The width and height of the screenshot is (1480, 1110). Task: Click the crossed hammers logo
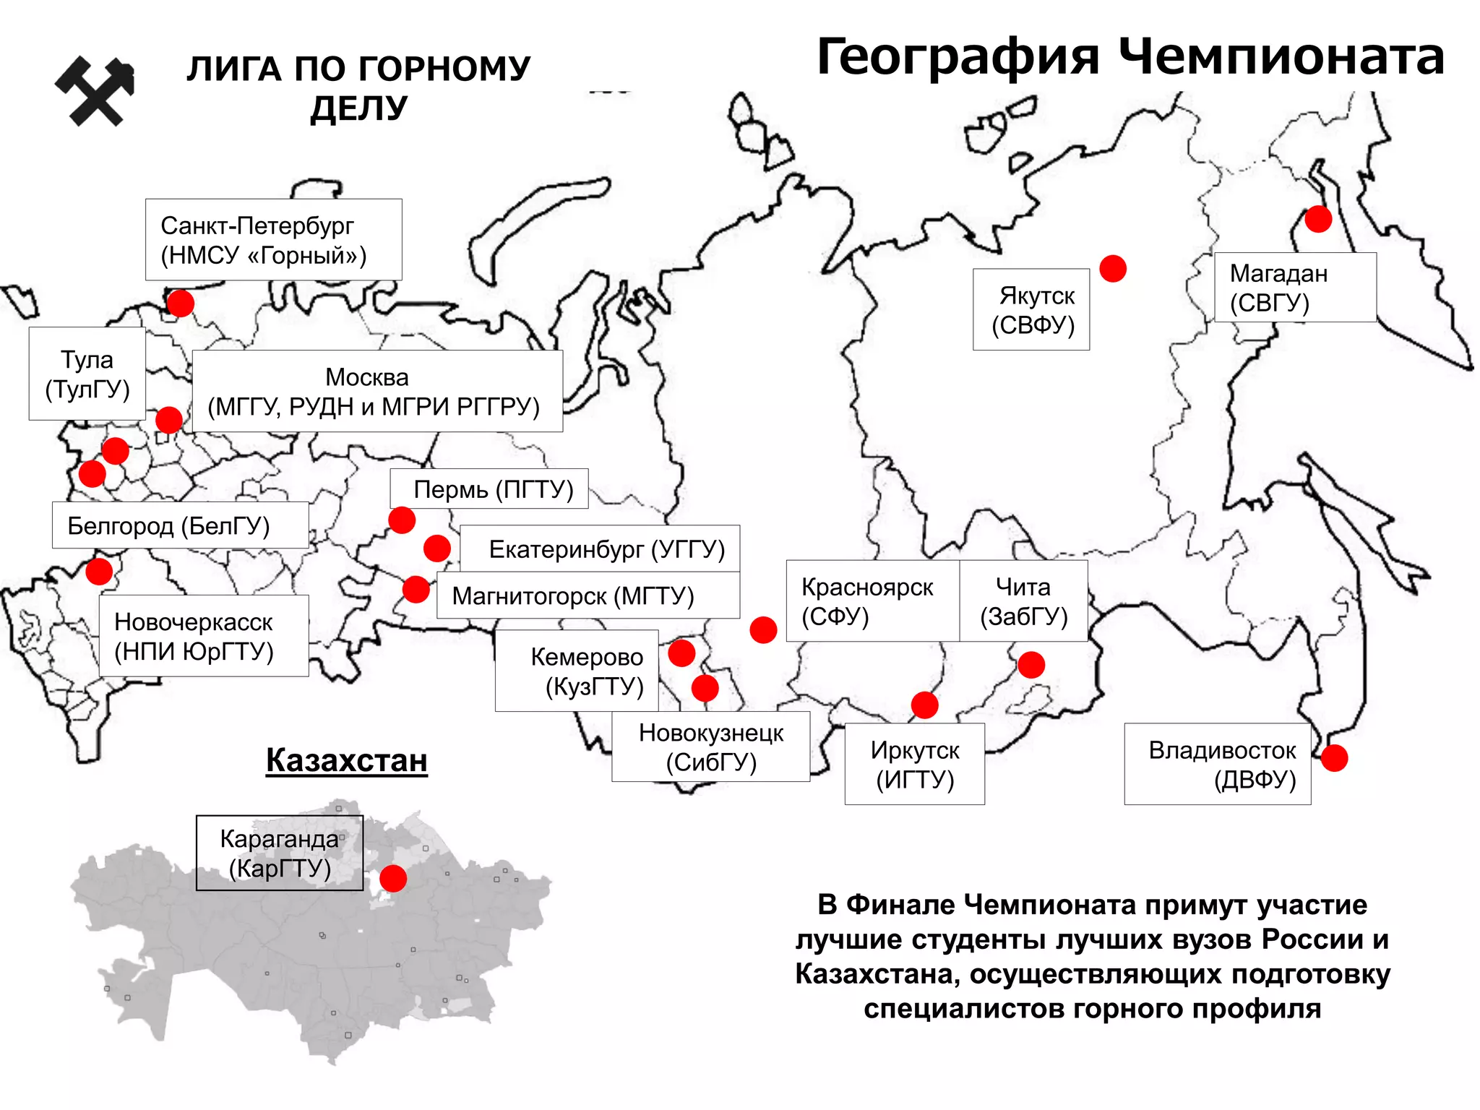tap(95, 90)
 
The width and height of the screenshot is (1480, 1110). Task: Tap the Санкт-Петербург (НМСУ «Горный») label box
tap(273, 239)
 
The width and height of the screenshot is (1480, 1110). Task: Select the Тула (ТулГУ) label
tap(87, 374)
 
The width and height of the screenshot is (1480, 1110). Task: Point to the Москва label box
tap(377, 391)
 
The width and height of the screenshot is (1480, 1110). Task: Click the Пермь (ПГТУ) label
tap(489, 489)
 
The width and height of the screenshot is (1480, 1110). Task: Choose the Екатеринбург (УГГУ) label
tap(601, 549)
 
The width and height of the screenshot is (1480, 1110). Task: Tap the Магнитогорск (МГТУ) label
tap(588, 595)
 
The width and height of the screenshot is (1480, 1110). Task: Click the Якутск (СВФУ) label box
tap(1031, 309)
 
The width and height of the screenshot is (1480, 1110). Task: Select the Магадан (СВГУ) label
tap(1294, 287)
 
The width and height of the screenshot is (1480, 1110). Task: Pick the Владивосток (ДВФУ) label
tap(1218, 764)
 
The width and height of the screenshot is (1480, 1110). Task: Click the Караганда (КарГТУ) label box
tap(280, 853)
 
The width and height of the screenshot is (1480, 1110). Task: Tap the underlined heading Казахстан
tap(347, 760)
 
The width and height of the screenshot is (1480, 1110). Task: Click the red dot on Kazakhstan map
tap(393, 878)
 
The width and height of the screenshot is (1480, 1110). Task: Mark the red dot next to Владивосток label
tap(1334, 758)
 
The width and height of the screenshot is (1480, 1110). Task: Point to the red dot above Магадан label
tap(1318, 218)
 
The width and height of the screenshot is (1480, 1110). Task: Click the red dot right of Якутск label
tap(1113, 268)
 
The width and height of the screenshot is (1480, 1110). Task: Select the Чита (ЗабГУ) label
tap(1023, 601)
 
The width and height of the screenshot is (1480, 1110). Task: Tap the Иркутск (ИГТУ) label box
tap(914, 764)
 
